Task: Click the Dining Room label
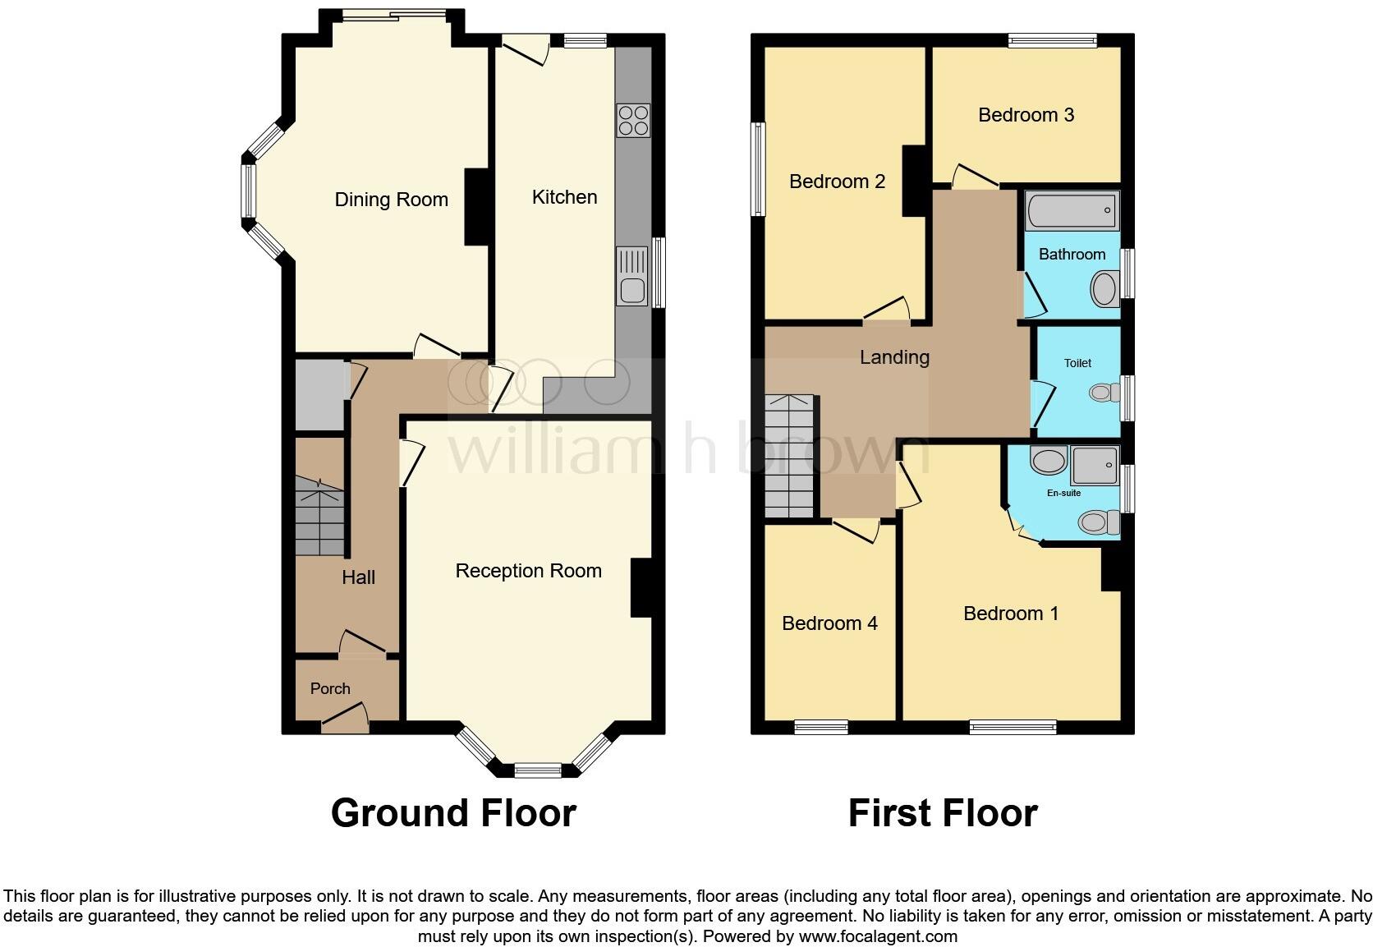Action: pos(391,200)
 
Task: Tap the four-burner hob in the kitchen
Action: pos(633,121)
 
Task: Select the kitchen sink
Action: pos(633,289)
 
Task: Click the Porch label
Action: pos(330,689)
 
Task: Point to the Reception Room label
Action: pos(528,571)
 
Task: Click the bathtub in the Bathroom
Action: pos(1072,210)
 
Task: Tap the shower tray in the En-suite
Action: pos(1095,465)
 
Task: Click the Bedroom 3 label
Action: pos(1026,115)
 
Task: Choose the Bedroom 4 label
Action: pos(829,623)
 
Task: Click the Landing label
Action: pos(894,357)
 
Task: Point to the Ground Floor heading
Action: pos(453,813)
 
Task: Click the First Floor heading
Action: pos(943,813)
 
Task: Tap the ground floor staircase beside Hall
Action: pos(319,517)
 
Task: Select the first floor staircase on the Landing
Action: pos(790,456)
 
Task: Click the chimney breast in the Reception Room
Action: pos(641,587)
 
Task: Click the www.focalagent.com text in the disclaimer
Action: pos(878,936)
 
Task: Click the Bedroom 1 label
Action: pos(1011,614)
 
